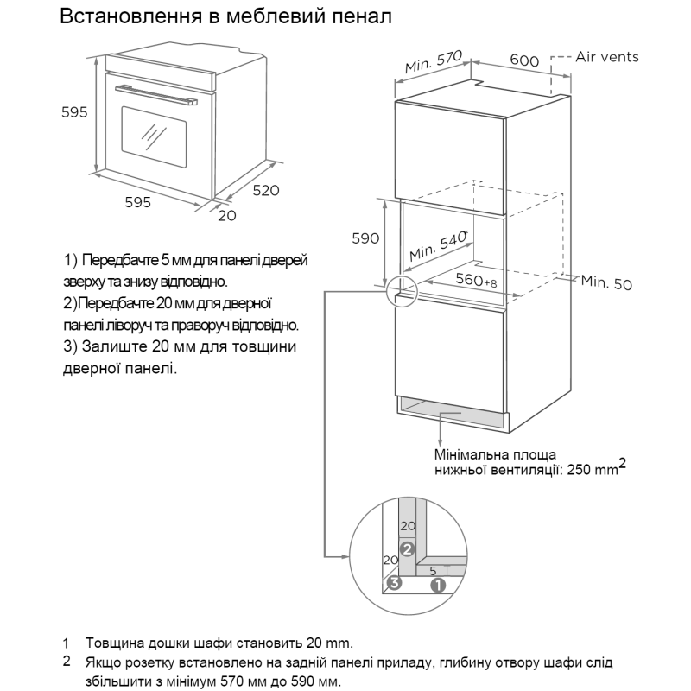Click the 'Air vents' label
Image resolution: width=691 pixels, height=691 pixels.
point(607,57)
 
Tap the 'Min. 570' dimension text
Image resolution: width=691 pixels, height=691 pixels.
point(435,62)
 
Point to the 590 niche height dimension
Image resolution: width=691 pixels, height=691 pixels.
point(365,238)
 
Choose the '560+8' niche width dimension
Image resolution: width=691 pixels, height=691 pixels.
point(476,281)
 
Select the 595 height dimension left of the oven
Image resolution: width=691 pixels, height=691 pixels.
point(74,111)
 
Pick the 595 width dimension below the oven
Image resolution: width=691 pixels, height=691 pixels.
point(138,202)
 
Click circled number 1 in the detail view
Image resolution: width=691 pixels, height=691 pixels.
point(438,585)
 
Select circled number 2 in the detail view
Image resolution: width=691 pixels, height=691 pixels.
point(408,548)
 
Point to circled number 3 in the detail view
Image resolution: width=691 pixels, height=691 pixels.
point(394,583)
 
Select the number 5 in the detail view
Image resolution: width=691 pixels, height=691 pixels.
point(432,570)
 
